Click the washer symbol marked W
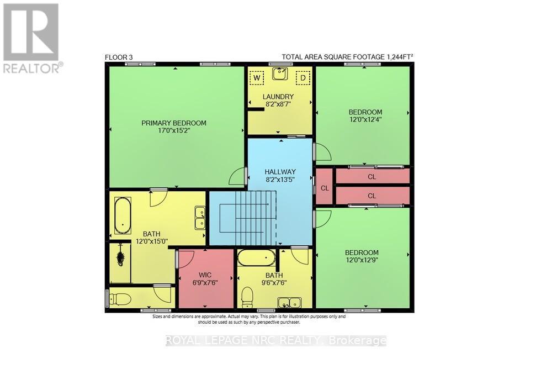[x=257, y=78]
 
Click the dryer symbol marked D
[x=302, y=78]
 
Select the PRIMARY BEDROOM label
[x=174, y=123]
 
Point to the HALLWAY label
[x=280, y=172]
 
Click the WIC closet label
[x=205, y=275]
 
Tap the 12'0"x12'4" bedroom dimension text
[x=365, y=119]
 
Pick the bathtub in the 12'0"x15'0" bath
[x=122, y=217]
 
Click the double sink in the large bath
[x=200, y=218]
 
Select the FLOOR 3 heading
[x=119, y=57]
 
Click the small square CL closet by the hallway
[x=324, y=187]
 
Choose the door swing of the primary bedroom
[x=238, y=177]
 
